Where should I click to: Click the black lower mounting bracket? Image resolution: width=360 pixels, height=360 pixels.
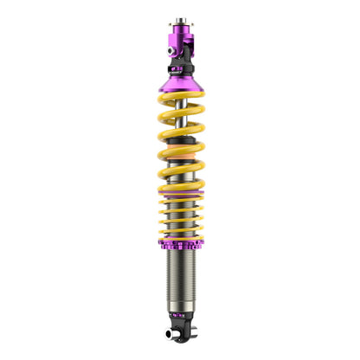182,335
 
